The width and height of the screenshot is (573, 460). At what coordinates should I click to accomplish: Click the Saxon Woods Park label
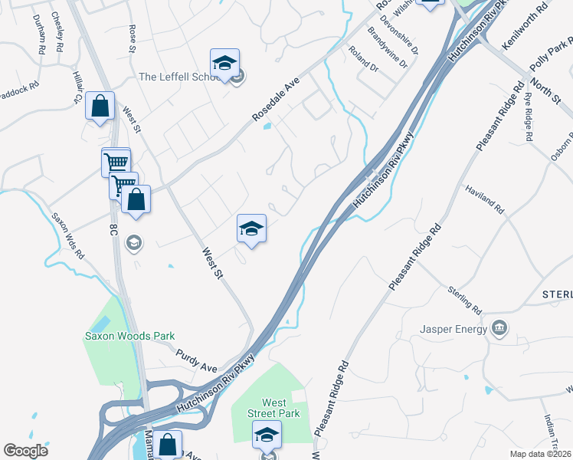pyautogui.click(x=129, y=336)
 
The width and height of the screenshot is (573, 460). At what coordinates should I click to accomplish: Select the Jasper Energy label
pyautogui.click(x=453, y=330)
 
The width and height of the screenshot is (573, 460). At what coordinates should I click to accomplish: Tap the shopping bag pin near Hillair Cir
pyautogui.click(x=100, y=107)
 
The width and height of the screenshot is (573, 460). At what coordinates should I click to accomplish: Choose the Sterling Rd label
pyautogui.click(x=466, y=301)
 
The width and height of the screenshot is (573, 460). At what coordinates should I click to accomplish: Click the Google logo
pyautogui.click(x=25, y=451)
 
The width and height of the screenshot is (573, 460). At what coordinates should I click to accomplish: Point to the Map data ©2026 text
pyautogui.click(x=540, y=454)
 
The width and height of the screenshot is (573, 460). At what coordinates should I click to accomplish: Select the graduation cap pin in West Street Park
pyautogui.click(x=267, y=435)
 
